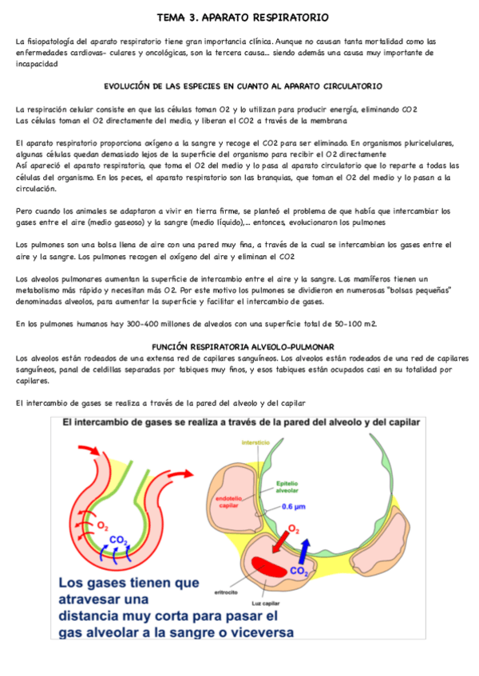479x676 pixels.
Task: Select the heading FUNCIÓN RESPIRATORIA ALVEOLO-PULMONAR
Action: pyautogui.click(x=242, y=347)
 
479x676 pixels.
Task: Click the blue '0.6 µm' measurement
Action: pyautogui.click(x=295, y=505)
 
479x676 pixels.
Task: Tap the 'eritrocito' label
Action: pyautogui.click(x=226, y=592)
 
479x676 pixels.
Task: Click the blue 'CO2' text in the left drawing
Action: pyautogui.click(x=119, y=540)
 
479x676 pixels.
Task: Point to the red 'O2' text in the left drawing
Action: pyautogui.click(x=103, y=525)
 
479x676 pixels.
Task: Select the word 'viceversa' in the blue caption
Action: pyautogui.click(x=254, y=634)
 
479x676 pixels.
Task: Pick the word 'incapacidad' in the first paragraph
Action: pyautogui.click(x=37, y=64)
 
